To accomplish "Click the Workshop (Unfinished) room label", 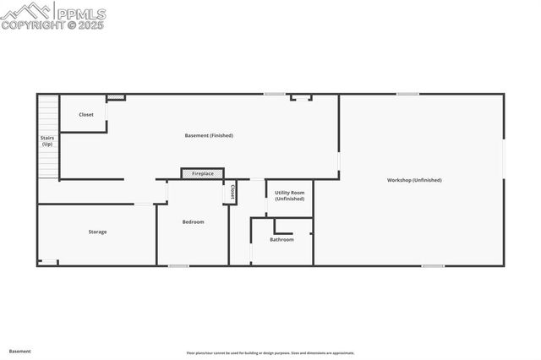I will (x=414, y=180).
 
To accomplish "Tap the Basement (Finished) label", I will (x=209, y=135).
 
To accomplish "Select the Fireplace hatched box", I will (x=202, y=173).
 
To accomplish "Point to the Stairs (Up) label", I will (x=47, y=141).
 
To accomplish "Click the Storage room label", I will (x=98, y=232).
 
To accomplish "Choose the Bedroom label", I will (x=193, y=221).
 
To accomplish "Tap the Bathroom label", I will (x=281, y=239).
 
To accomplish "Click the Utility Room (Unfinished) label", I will (x=289, y=195).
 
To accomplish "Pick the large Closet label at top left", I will (x=86, y=115).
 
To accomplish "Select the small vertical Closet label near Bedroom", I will (x=232, y=193).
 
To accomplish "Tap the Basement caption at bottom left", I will (x=20, y=351).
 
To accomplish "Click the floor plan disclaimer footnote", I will (x=270, y=353).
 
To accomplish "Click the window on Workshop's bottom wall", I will (x=433, y=266).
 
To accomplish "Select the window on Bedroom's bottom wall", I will (x=178, y=266).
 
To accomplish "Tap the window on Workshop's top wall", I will (x=407, y=94).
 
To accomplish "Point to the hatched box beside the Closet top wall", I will (x=116, y=98).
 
